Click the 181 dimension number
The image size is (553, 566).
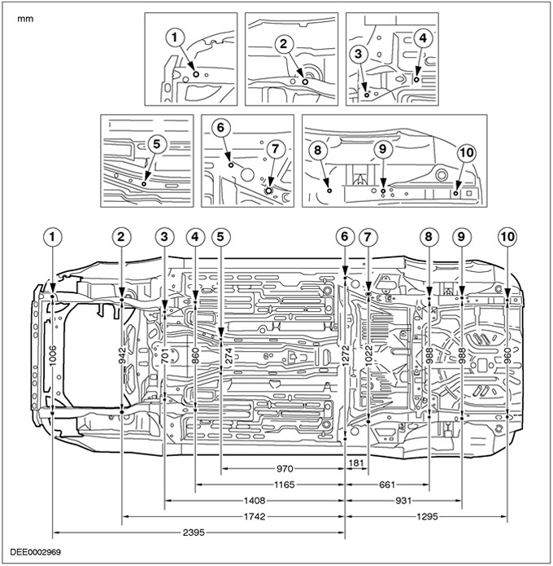pos(356,463)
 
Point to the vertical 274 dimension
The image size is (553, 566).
pos(221,356)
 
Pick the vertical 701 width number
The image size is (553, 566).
pos(165,356)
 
